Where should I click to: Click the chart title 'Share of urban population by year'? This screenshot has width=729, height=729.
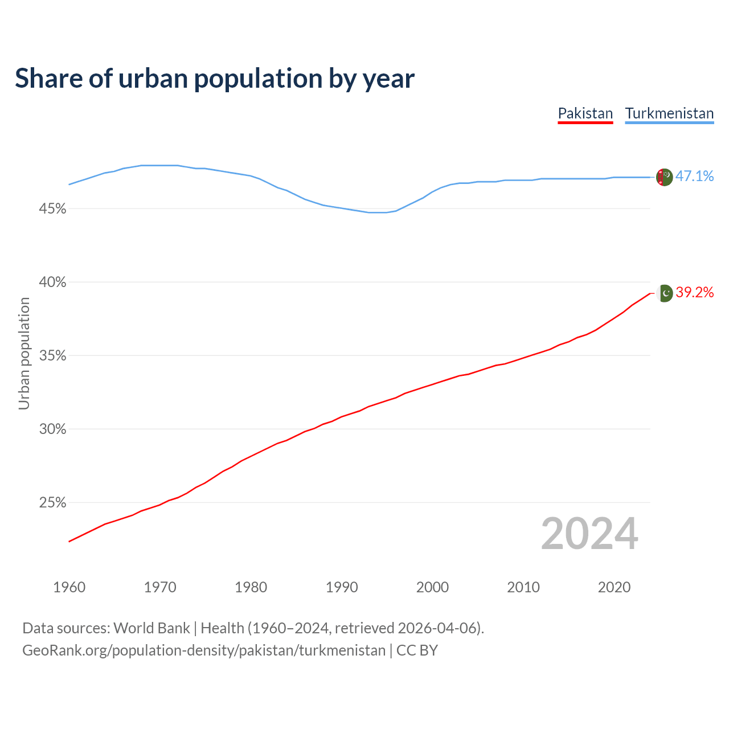click(x=215, y=79)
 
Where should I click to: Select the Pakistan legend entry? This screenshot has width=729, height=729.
click(x=585, y=113)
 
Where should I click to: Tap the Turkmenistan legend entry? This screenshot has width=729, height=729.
click(x=669, y=113)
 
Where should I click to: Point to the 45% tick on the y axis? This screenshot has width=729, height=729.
click(x=52, y=209)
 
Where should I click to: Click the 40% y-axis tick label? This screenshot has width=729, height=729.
click(x=52, y=282)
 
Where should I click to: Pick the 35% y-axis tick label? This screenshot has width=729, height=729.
click(x=52, y=356)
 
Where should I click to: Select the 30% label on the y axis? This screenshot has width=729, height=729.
click(x=52, y=429)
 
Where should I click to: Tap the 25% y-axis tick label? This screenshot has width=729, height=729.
click(x=52, y=503)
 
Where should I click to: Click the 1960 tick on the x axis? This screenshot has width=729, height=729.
click(x=69, y=587)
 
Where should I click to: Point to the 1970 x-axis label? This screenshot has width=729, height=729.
click(x=160, y=587)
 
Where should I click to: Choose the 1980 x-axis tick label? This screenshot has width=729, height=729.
click(x=251, y=587)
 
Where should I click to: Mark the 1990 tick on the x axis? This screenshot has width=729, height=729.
click(x=342, y=587)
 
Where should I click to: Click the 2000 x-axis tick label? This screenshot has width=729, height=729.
click(x=432, y=587)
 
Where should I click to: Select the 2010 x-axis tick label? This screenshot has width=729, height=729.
click(x=523, y=587)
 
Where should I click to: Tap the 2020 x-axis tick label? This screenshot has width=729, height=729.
click(x=614, y=587)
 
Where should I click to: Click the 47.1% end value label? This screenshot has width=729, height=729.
click(x=694, y=177)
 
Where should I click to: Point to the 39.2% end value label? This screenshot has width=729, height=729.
click(x=694, y=293)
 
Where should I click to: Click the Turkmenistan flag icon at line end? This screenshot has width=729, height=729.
click(x=665, y=177)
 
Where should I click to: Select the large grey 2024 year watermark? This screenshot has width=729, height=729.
click(x=589, y=534)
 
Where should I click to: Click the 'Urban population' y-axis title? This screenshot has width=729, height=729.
click(x=24, y=353)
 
